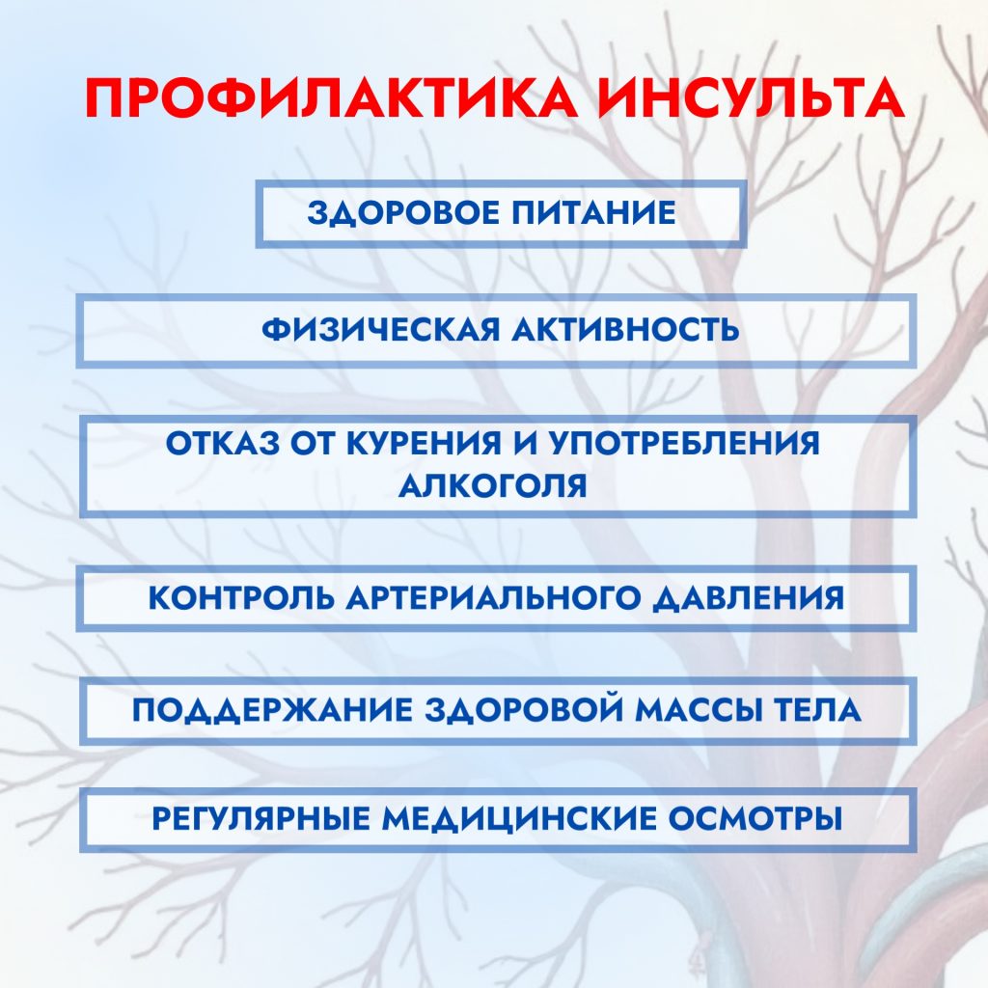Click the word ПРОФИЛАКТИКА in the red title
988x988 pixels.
pos(332,99)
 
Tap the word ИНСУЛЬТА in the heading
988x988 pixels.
pos(751,99)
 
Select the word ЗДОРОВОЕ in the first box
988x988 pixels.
pos(402,212)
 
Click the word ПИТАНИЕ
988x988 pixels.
pos(593,212)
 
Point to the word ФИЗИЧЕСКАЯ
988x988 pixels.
pos(380,330)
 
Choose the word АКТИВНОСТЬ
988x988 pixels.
pos(625,330)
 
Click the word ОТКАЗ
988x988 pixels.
pos(223,443)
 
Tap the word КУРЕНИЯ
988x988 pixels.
pos(425,443)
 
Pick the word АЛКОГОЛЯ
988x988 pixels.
pos(493,486)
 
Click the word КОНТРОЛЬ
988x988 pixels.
pos(240,597)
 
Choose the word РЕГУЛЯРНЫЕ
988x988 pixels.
pos(261,818)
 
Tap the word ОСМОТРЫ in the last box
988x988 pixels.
pos(755,818)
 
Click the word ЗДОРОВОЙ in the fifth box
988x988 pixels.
pos(523,709)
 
